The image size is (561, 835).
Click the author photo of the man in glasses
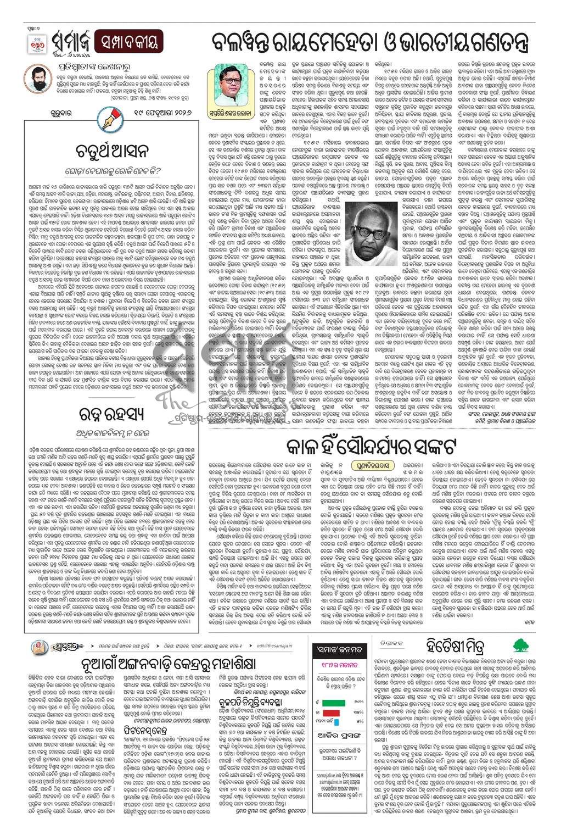(x=229, y=87)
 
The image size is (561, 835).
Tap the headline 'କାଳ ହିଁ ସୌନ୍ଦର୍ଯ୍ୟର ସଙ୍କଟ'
(x=370, y=446)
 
